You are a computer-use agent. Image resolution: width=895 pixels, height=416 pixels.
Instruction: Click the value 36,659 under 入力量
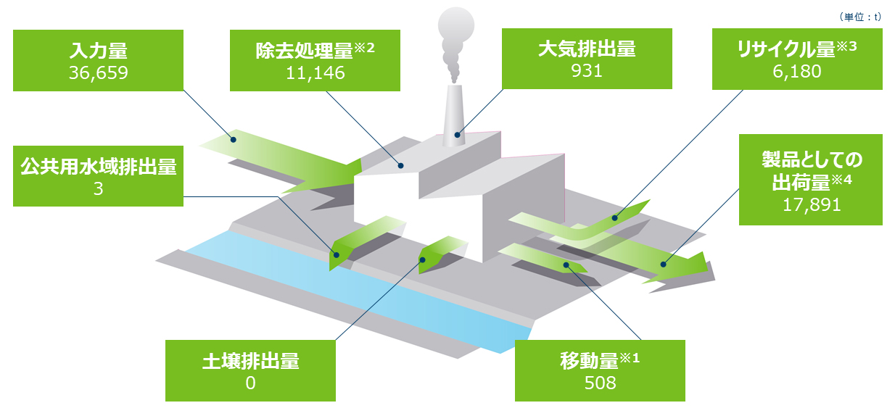(98, 73)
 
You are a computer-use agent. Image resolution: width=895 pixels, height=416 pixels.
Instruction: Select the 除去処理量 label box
(315, 60)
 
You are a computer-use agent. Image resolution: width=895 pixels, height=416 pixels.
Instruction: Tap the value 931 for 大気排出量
(587, 72)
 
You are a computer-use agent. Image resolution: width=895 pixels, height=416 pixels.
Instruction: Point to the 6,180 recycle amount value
(796, 73)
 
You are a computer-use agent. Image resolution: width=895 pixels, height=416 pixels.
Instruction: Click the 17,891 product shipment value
(812, 205)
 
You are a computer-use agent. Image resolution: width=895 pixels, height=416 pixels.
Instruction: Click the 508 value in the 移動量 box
(600, 383)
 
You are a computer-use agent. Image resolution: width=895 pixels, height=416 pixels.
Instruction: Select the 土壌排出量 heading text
(250, 360)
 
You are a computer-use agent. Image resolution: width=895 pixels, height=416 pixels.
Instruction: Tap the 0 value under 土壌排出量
(250, 383)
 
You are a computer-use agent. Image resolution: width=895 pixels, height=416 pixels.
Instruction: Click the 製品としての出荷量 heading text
(811, 170)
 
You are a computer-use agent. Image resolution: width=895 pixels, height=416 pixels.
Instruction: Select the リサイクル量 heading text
(788, 50)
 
